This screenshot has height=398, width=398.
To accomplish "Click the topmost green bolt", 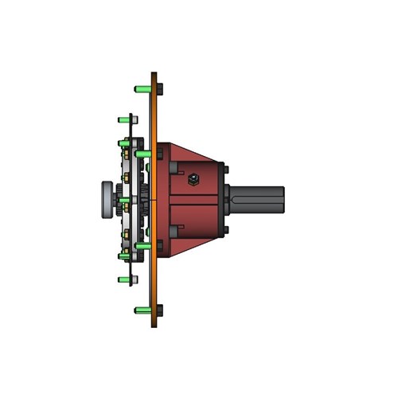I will pyautogui.click(x=142, y=88).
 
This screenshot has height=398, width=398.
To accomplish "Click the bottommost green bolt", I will pyautogui.click(x=142, y=310).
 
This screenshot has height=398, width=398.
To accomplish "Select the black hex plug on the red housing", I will pyautogui.click(x=193, y=179).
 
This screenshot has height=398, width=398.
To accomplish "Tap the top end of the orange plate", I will pyautogui.click(x=154, y=76).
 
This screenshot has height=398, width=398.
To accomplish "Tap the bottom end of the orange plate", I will pyautogui.click(x=154, y=324).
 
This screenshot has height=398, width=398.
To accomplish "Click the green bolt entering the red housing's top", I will pyautogui.click(x=143, y=153).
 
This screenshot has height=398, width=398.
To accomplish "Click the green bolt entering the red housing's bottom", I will pyautogui.click(x=143, y=246).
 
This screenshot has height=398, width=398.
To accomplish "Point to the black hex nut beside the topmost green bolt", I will pyautogui.click(x=159, y=88).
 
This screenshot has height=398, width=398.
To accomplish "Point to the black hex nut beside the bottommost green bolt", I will pyautogui.click(x=159, y=310).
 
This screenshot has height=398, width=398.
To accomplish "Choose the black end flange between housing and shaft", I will pyautogui.click(x=224, y=199).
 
